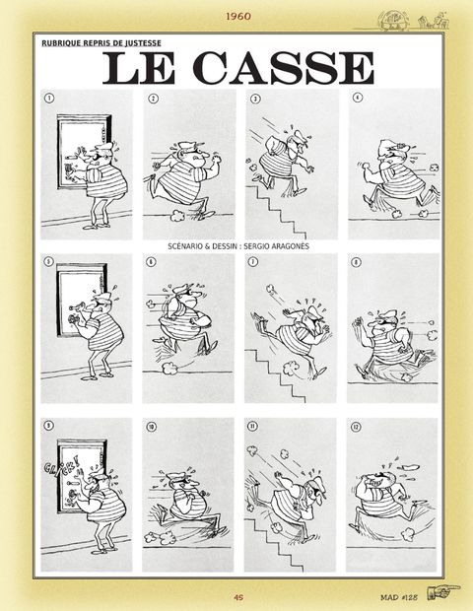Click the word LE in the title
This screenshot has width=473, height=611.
click(140, 69)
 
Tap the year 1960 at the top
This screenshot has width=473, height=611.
click(238, 17)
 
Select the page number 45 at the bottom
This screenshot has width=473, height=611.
click(238, 596)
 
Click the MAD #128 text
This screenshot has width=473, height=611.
click(399, 596)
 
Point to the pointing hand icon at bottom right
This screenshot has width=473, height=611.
click(442, 592)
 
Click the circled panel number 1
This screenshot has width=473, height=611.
click(48, 99)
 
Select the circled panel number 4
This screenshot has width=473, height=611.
click(358, 98)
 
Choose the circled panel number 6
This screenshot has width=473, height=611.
click(151, 262)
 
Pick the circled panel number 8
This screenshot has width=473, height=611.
click(356, 262)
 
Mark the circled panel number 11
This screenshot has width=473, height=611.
click(252, 426)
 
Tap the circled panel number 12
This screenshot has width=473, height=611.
click(356, 428)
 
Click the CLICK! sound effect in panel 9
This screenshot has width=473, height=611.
click(62, 465)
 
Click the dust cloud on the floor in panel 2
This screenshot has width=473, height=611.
click(178, 215)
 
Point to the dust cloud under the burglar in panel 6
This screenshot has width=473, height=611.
click(169, 367)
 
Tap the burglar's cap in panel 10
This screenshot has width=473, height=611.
click(177, 475)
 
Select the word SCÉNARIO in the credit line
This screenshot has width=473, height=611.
click(183, 246)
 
